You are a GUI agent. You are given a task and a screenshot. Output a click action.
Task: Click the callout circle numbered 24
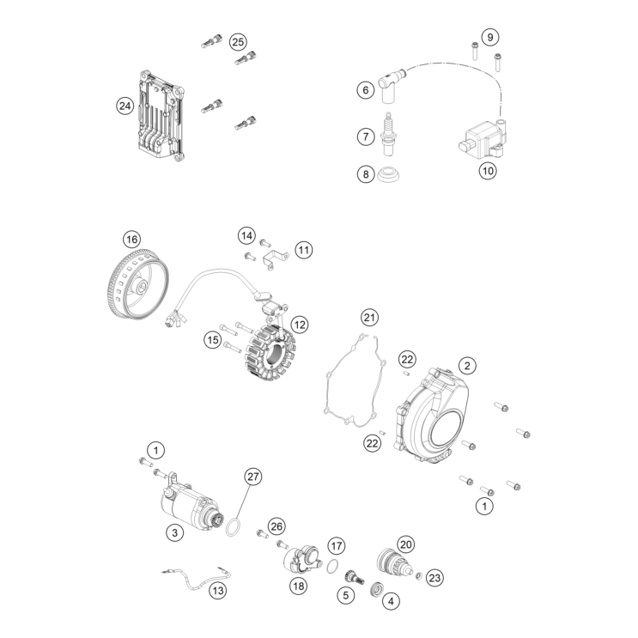[x=125, y=106]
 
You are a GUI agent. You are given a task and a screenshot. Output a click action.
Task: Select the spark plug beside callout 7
[x=388, y=134]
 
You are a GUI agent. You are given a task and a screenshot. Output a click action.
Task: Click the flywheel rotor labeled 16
[x=139, y=283]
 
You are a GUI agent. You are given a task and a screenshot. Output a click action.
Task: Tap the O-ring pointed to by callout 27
[x=233, y=528]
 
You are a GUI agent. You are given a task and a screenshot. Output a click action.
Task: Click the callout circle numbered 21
[x=369, y=318]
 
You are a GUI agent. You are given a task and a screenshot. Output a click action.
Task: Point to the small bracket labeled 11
[x=276, y=259]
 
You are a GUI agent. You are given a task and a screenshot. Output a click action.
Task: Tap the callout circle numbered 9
[x=490, y=37]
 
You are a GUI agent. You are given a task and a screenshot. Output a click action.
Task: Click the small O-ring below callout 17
[x=333, y=566]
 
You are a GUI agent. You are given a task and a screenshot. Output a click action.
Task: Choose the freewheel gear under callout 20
[x=391, y=561]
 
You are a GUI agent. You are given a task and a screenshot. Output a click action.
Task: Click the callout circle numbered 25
[x=238, y=42]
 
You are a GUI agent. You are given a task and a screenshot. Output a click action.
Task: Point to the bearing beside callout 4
[x=376, y=590]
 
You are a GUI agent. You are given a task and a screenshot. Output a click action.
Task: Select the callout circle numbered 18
[x=298, y=586]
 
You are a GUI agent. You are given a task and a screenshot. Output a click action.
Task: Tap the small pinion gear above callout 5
[x=355, y=578]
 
